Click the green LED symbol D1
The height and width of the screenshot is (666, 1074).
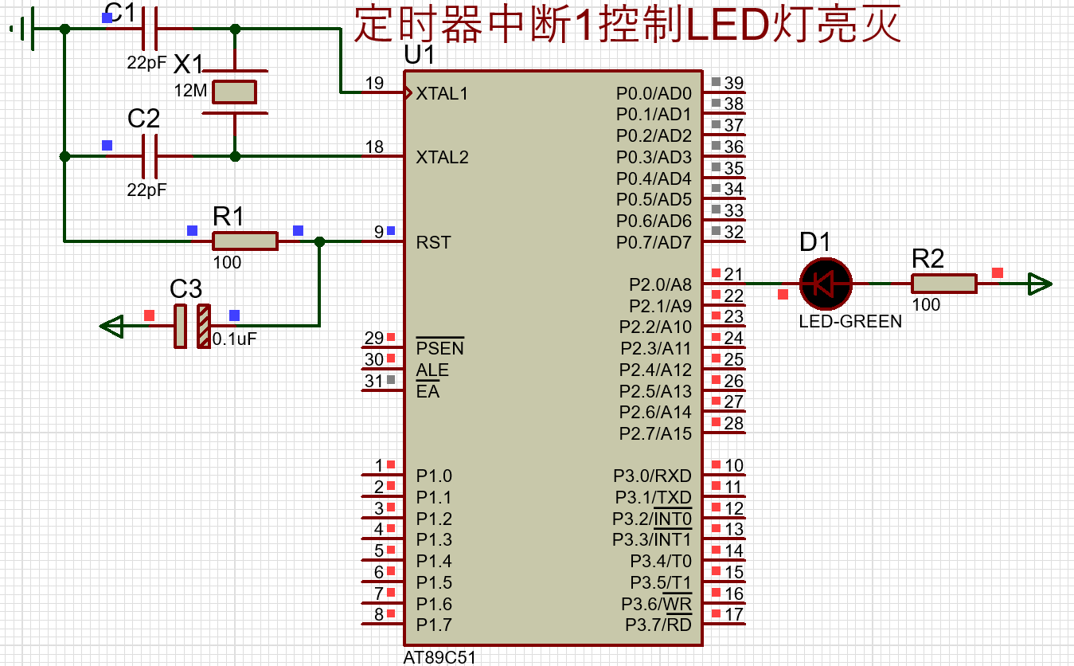pyautogui.click(x=825, y=284)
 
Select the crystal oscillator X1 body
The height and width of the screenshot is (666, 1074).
pyautogui.click(x=234, y=92)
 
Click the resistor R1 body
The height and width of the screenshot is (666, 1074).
pyautogui.click(x=245, y=241)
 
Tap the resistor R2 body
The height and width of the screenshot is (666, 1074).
pyautogui.click(x=944, y=284)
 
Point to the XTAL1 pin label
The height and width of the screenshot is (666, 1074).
pyautogui.click(x=442, y=93)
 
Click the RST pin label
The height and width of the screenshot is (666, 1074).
pyautogui.click(x=433, y=242)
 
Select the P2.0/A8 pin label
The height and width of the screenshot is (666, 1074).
pyautogui.click(x=660, y=284)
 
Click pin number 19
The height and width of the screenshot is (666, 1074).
pyautogui.click(x=374, y=83)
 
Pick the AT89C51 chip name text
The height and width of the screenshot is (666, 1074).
pyautogui.click(x=439, y=657)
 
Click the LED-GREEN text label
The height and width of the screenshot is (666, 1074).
pyautogui.click(x=850, y=321)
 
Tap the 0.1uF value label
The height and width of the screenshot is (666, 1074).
pyautogui.click(x=234, y=339)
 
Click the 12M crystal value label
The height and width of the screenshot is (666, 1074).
pyautogui.click(x=190, y=90)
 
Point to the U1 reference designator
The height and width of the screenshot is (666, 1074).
pyautogui.click(x=419, y=55)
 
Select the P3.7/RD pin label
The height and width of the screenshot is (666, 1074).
pyautogui.click(x=658, y=625)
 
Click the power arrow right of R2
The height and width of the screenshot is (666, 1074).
pyautogui.click(x=1040, y=284)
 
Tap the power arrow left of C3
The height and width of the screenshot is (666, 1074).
pyautogui.click(x=111, y=327)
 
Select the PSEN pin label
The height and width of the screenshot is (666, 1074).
pyautogui.click(x=439, y=348)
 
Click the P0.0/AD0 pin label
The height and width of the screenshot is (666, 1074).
pyautogui.click(x=654, y=93)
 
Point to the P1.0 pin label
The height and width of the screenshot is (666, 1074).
pyautogui.click(x=434, y=476)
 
